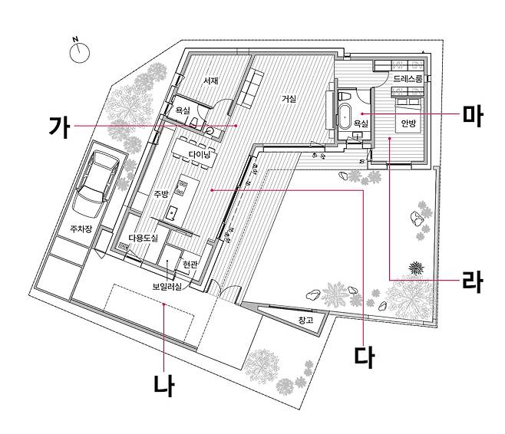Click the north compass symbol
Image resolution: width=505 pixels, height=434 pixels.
[x=80, y=52]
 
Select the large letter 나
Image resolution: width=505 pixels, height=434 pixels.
[x=163, y=383]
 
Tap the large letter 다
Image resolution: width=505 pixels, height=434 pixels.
[x=363, y=355]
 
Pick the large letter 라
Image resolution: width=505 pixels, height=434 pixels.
[x=471, y=280]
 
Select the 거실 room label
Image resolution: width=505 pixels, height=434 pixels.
[x=289, y=99]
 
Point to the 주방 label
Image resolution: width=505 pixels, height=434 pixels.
[x=160, y=193]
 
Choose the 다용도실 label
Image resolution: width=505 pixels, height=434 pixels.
[x=143, y=238]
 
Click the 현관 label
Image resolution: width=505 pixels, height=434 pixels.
[x=190, y=265]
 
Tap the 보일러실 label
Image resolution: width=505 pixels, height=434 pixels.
[x=167, y=286]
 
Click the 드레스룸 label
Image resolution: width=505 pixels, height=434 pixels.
[x=408, y=79]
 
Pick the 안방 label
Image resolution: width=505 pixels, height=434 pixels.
[x=408, y=122]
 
